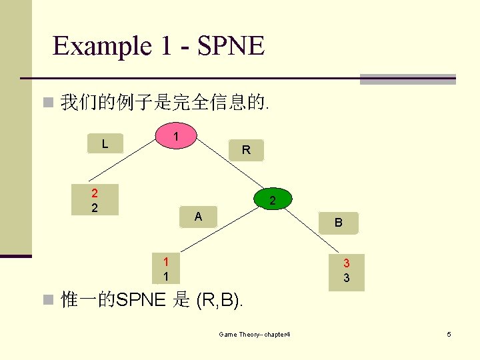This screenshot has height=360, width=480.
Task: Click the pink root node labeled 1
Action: (x=175, y=136)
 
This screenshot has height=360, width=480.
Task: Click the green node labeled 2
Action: (x=272, y=200)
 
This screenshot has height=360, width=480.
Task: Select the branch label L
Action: (x=105, y=143)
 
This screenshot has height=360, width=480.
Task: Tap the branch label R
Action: (x=246, y=150)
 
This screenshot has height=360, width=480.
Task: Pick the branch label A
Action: (x=198, y=216)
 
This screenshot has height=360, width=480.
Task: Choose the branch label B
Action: (x=339, y=223)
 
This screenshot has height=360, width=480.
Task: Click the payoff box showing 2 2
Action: (x=95, y=200)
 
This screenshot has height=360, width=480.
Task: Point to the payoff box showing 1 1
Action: (x=166, y=268)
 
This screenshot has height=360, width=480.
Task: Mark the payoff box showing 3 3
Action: (x=347, y=271)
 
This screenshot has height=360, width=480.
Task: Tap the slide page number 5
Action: (x=449, y=333)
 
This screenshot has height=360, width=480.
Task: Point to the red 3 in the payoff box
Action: (x=347, y=264)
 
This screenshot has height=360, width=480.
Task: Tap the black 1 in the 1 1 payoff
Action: (x=166, y=275)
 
